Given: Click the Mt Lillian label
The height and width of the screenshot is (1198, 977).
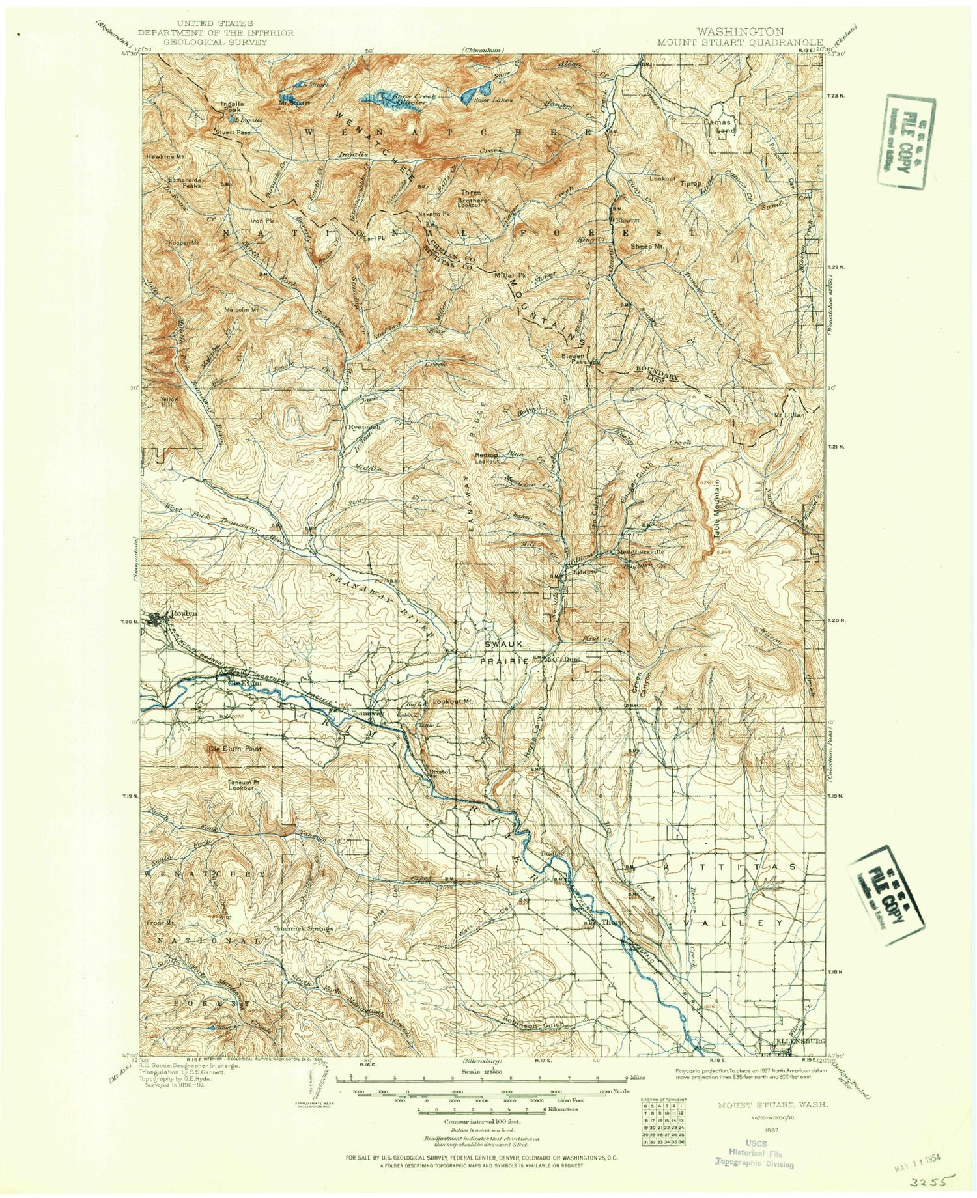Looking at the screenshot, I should [x=789, y=415].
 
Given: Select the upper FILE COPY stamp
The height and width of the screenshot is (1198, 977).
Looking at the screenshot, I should [x=901, y=142].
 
